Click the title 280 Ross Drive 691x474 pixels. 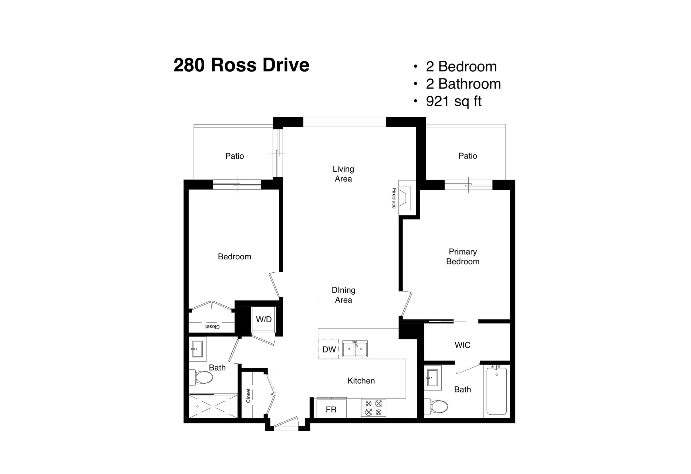click(241, 65)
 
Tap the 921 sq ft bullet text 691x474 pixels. click(454, 101)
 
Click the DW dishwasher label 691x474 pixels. click(329, 349)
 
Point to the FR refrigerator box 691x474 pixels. click(331, 409)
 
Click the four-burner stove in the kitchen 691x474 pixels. click(374, 408)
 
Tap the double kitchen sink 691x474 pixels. click(355, 349)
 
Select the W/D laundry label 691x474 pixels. click(264, 319)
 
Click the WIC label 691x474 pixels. click(462, 345)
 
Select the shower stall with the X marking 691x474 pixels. click(214, 406)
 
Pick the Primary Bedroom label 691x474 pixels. click(463, 257)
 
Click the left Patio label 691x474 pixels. click(235, 156)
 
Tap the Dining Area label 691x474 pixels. click(343, 295)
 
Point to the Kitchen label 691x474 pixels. click(361, 381)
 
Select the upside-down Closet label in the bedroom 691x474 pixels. click(212, 327)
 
